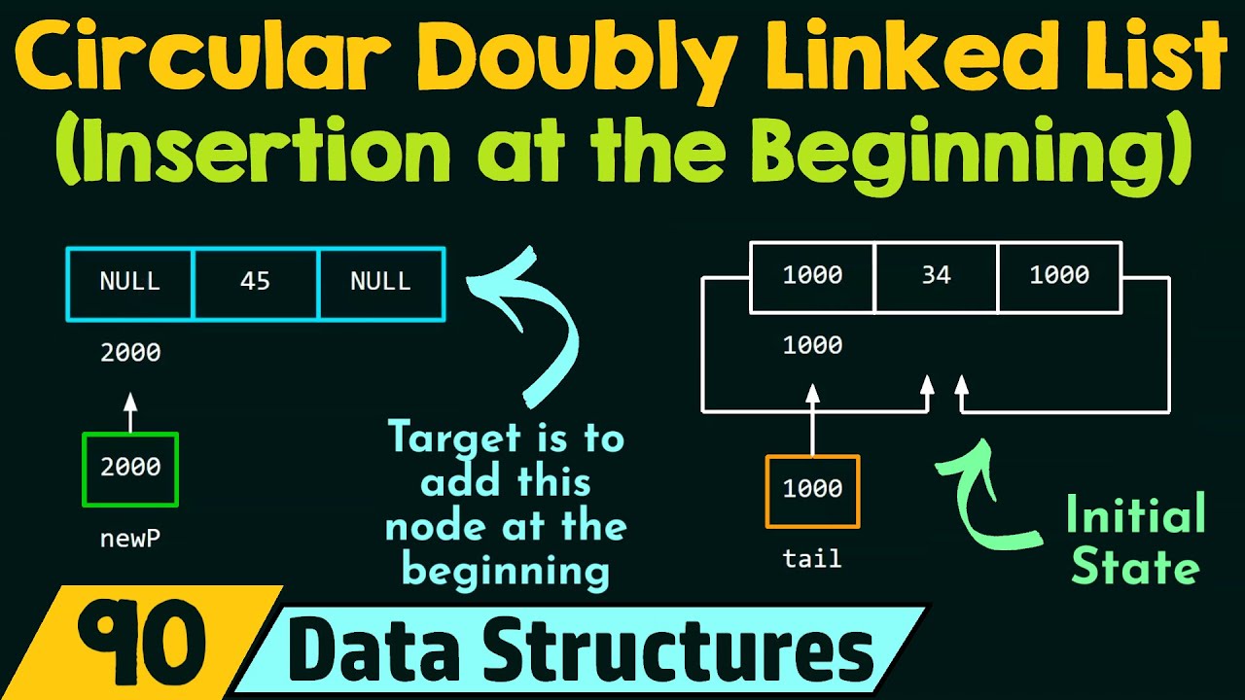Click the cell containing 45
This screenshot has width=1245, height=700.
coord(256,283)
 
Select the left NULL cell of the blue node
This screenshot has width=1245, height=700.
coord(130,283)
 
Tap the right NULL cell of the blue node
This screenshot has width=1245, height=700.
coord(381,283)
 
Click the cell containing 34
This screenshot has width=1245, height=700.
coord(936,276)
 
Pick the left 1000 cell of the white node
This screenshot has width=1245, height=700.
coord(812,276)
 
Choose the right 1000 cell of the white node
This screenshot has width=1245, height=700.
coord(1059,276)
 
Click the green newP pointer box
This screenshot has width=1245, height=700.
coord(130,470)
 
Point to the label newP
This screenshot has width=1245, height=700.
coord(130,538)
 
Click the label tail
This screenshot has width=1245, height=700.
coord(812,559)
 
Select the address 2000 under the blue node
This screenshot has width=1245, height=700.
coord(130,353)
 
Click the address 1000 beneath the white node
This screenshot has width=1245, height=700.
coord(812,346)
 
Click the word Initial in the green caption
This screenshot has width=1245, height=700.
coord(1135,514)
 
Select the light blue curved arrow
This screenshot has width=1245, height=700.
coord(535,321)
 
